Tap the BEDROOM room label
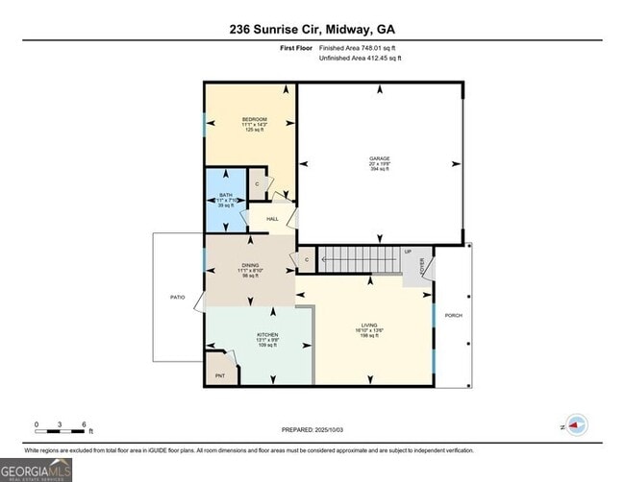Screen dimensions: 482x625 tap(254, 119)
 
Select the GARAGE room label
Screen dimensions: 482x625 tap(380, 158)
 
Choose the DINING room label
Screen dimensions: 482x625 tap(250, 265)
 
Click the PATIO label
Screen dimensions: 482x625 tap(177, 298)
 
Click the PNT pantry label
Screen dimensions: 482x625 tap(219, 376)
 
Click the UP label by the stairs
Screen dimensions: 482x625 tap(408, 252)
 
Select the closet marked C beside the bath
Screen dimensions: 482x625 tap(257, 183)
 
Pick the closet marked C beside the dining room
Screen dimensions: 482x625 tap(307, 259)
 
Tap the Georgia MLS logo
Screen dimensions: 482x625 tap(37, 470)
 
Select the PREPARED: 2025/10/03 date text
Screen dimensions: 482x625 tap(312, 430)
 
